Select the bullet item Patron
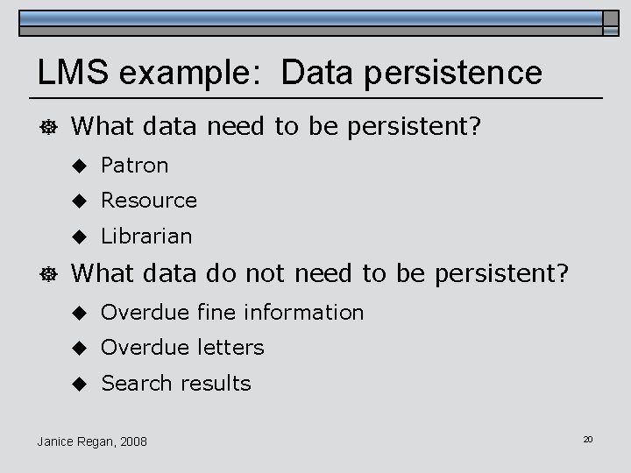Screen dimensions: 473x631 (x=134, y=165)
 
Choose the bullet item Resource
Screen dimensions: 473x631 (x=149, y=201)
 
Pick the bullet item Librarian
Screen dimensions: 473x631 (x=146, y=236)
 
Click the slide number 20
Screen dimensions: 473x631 (x=588, y=438)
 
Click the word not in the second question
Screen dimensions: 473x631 (x=267, y=274)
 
